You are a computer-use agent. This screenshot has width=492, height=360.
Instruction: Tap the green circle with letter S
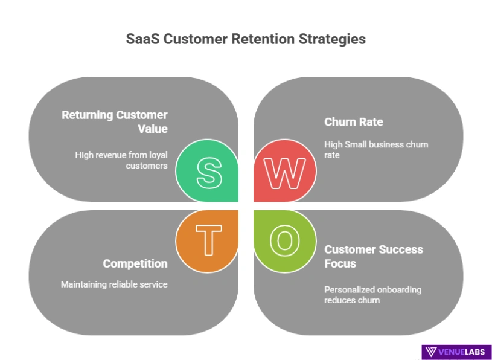point(208,172)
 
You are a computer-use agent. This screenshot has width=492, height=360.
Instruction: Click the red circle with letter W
point(284,172)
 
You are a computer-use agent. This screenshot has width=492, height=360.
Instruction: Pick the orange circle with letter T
point(208,240)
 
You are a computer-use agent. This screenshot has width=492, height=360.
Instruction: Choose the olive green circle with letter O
point(284,240)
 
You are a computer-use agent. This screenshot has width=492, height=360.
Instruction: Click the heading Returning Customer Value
point(115,121)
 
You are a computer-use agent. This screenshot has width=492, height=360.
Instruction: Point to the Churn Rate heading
point(353,122)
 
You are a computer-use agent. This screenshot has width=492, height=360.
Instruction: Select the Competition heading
point(135,263)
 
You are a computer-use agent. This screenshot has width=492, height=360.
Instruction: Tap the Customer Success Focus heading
point(373,256)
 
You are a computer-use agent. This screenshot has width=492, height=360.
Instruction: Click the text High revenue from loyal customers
point(121,160)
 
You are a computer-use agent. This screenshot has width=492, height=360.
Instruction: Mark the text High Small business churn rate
point(375,149)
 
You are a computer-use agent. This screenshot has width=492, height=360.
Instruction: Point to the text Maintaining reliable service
point(114,284)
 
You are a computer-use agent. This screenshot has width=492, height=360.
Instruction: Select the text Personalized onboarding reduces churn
point(372,294)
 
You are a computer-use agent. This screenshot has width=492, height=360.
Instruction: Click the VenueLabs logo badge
point(456,352)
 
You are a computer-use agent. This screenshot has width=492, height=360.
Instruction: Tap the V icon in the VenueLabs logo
point(431,352)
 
